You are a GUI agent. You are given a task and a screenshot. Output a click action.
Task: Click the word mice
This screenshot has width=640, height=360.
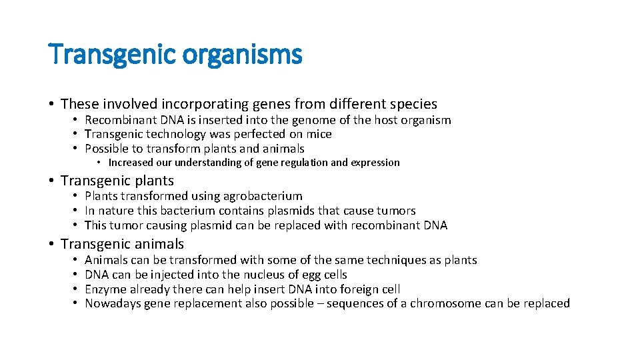pyautogui.click(x=319, y=134)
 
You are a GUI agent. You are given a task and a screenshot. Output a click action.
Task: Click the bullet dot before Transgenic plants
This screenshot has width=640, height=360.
pyautogui.click(x=51, y=181)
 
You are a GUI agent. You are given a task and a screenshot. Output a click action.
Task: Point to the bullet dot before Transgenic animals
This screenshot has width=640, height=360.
pyautogui.click(x=51, y=245)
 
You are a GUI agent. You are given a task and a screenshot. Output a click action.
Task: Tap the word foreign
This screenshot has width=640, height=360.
pyautogui.click(x=357, y=289)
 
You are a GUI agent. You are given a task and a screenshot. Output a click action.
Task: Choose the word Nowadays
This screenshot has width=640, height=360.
pyautogui.click(x=111, y=304)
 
